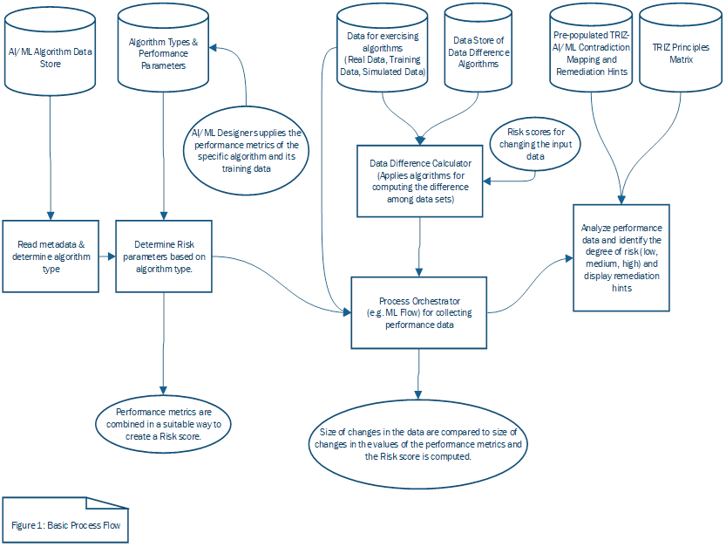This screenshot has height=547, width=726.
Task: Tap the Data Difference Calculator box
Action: pyautogui.click(x=421, y=181)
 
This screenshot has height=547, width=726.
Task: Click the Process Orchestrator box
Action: pyautogui.click(x=419, y=312)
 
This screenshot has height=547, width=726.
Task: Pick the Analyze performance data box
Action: pyautogui.click(x=621, y=257)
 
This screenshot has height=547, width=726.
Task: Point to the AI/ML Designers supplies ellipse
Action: pyautogui.click(x=245, y=150)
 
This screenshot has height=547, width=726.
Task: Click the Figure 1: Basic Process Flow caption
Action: pyautogui.click(x=66, y=524)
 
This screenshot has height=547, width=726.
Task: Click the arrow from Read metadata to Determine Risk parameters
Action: pyautogui.click(x=107, y=256)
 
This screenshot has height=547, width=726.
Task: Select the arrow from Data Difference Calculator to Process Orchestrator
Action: pyautogui.click(x=421, y=247)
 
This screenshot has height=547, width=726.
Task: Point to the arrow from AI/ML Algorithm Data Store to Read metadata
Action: pyautogui.click(x=51, y=157)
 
